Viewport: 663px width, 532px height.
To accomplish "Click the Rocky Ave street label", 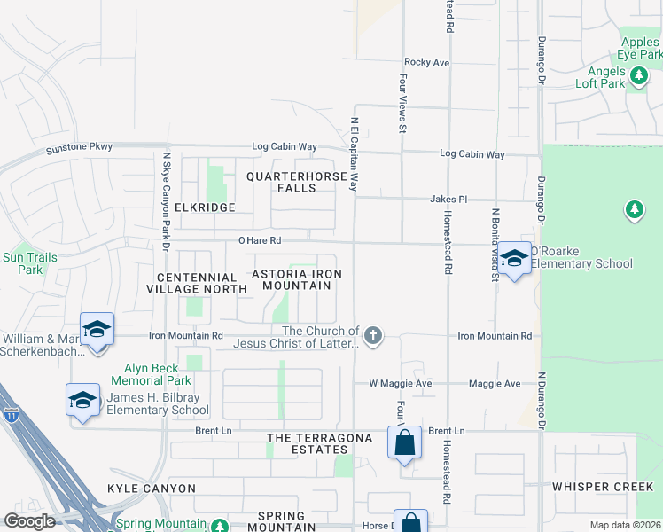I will [x=427, y=62].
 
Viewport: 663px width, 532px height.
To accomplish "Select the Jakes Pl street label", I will [x=448, y=199].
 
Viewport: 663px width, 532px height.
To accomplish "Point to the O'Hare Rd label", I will [x=259, y=240].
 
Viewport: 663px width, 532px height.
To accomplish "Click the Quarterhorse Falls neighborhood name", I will [x=291, y=182].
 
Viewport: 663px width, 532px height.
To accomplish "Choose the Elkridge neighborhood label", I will [x=205, y=207].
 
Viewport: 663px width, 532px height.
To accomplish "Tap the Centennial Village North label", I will [x=196, y=282].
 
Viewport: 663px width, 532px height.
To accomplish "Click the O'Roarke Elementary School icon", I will [x=514, y=259].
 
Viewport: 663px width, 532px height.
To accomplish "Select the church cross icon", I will [x=373, y=335].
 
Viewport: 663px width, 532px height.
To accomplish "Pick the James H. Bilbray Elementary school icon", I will [x=82, y=400].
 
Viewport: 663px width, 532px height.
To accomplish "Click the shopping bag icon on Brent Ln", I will [x=404, y=442].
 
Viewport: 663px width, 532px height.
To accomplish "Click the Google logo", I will [x=29, y=520].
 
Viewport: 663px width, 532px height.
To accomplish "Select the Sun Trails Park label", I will [x=23, y=263].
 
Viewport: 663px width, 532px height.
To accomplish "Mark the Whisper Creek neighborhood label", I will [x=603, y=487].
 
